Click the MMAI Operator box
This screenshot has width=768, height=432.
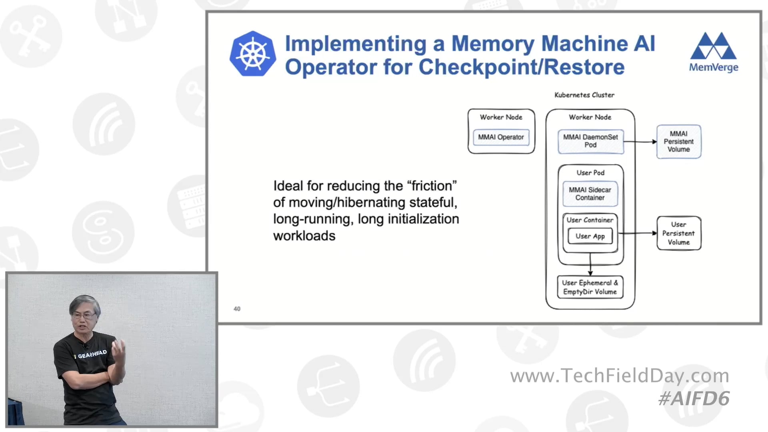coord(501,137)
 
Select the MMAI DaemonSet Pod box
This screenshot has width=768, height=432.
coord(590,141)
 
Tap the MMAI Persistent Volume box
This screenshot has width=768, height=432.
coord(678,142)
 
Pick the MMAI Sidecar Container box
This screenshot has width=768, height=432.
coord(590,194)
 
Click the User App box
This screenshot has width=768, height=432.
coord(590,236)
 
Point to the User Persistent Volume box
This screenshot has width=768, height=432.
coord(678,233)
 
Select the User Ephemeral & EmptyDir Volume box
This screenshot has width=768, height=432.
coord(590,287)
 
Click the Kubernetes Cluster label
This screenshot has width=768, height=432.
coord(584,95)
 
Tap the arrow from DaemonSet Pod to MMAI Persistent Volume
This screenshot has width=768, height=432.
coord(640,142)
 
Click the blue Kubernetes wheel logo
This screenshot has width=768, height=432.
coord(252,54)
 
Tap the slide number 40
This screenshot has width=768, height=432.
coord(237,309)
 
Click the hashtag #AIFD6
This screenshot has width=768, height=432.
coord(694,398)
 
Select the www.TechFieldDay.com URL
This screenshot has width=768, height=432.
coord(619,376)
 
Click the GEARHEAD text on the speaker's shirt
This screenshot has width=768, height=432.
coord(92,354)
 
